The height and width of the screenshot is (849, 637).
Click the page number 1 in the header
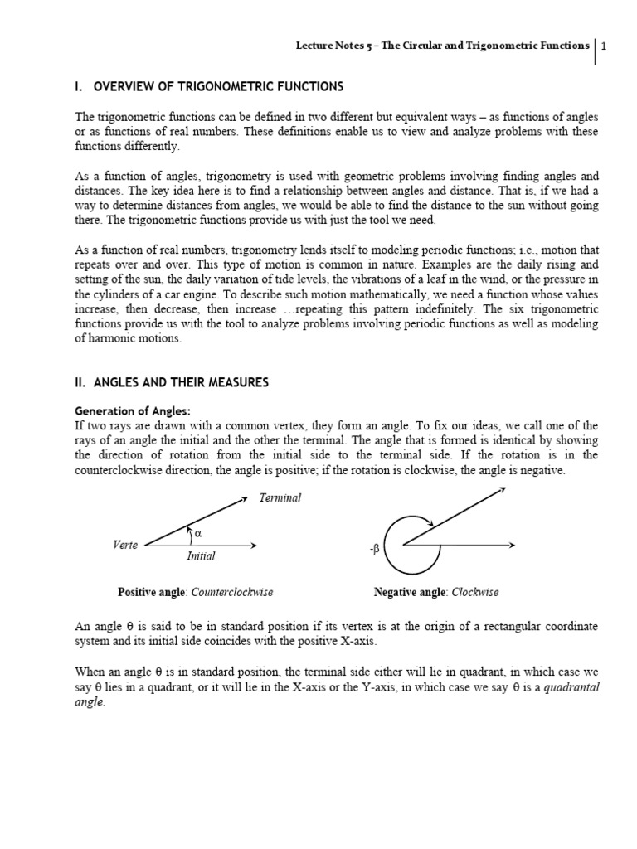tap(605, 46)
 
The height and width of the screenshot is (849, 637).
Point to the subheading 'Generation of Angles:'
tap(133, 410)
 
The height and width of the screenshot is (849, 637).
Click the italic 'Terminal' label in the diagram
tap(280, 498)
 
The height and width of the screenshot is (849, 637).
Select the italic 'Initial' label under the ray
tap(201, 556)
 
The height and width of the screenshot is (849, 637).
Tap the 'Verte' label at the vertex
tap(125, 545)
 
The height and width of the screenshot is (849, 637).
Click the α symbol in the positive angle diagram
tap(198, 533)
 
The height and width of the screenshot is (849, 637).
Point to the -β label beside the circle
tap(374, 549)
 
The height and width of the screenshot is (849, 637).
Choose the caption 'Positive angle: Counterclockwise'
tap(196, 593)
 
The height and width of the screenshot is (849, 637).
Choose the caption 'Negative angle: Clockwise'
tap(436, 593)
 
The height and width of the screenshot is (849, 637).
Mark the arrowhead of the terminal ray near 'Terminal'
tap(244, 499)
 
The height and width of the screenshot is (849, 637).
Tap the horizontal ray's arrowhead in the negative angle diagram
tap(513, 545)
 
